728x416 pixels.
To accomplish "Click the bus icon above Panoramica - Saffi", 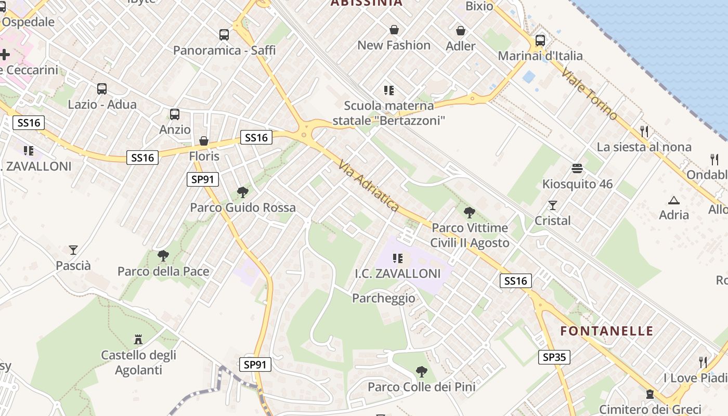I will click(224, 35).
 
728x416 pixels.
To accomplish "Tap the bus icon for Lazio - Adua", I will click(102, 89).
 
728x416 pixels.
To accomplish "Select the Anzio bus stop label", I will click(175, 129).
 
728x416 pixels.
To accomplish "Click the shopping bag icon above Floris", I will click(204, 141).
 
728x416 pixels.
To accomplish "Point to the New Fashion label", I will click(394, 45).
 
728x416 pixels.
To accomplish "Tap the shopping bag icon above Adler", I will click(460, 31).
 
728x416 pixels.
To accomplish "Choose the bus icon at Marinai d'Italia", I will click(540, 40).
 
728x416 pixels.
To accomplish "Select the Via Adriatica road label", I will click(369, 186).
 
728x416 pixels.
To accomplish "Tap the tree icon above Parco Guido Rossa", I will click(242, 192).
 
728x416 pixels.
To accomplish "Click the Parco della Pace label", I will click(163, 271).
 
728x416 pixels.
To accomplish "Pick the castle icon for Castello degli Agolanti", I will click(138, 340).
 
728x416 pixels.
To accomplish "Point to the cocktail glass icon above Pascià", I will click(73, 250).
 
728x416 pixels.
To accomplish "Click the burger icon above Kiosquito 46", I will click(577, 168).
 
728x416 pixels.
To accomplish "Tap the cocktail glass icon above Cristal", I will click(552, 205).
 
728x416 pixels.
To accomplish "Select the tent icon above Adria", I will click(673, 200).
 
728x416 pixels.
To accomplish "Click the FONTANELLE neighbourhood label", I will click(606, 331).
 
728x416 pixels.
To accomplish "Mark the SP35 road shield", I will click(554, 357).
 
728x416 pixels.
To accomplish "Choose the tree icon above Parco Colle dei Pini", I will click(422, 372).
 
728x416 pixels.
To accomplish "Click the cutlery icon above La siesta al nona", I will click(644, 131).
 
